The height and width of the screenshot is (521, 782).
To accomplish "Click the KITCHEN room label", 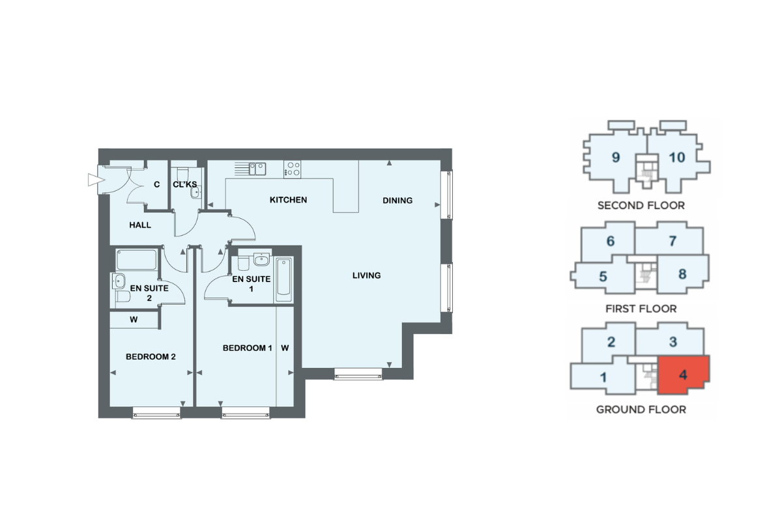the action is [x=288, y=200].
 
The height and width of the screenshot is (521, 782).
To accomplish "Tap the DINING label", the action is [x=398, y=201].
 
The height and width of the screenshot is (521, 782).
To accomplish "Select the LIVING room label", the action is [x=366, y=275].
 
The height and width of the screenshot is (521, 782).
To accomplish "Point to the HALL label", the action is [x=140, y=225].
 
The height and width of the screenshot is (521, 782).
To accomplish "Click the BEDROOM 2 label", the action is [x=151, y=357].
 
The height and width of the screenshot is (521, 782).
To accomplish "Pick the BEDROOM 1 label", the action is [x=247, y=348].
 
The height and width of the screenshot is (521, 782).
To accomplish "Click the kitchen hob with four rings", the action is [x=292, y=169].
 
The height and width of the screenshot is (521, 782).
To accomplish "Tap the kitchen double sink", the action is [x=257, y=169].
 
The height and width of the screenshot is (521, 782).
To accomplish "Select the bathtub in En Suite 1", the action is [x=283, y=279].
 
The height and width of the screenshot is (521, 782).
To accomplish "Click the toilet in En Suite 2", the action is [x=123, y=296].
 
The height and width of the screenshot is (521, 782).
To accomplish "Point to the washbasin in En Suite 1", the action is [x=261, y=259].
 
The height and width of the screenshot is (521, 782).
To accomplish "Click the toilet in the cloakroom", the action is [x=183, y=173].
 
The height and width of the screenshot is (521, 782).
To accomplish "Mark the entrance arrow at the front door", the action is [x=96, y=180].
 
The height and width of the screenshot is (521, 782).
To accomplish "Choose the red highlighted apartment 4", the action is [x=683, y=374].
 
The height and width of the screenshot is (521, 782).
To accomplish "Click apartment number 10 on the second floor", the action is [x=677, y=158].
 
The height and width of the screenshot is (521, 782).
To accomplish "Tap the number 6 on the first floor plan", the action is [x=610, y=241].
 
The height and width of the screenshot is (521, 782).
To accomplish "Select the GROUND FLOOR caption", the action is [x=641, y=410].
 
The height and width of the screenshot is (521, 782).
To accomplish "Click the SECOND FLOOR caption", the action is [x=641, y=206].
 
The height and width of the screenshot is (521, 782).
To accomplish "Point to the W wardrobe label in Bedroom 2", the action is [x=134, y=320].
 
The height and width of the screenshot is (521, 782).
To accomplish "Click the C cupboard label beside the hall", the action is [x=157, y=184].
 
